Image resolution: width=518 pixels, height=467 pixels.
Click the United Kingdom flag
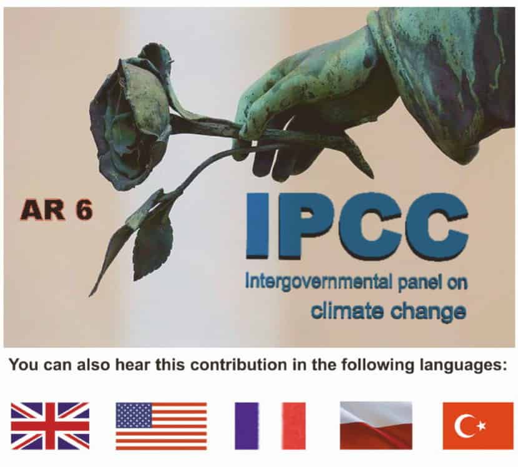click(x=50, y=426)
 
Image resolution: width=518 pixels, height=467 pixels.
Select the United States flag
click(x=161, y=426)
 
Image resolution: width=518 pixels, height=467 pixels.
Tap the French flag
click(x=270, y=426)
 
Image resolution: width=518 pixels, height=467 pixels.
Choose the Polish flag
click(x=376, y=426)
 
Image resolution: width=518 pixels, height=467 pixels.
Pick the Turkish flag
click(x=478, y=426)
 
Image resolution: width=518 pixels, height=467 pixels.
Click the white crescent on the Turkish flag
click(x=463, y=426)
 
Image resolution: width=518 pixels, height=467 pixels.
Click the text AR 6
click(x=56, y=210)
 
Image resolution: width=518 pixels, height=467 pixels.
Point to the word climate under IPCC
click(x=348, y=311)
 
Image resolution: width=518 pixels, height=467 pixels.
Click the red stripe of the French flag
click(x=294, y=426)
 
